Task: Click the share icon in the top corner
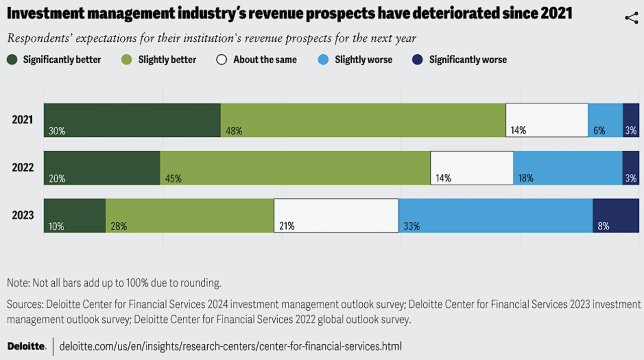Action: coord(631,19)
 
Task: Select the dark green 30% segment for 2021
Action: coord(132,120)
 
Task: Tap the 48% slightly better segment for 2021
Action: coord(363,120)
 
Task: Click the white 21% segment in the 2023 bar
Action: coord(336,216)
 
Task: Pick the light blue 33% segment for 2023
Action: coord(496,216)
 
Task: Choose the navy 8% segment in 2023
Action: coord(616,216)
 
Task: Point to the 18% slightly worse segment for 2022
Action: coord(568,168)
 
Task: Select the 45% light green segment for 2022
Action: coord(295,168)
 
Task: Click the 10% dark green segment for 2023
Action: coord(74,216)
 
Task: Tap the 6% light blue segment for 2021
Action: coord(605,120)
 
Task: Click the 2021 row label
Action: coord(23,120)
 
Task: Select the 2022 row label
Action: coord(23,167)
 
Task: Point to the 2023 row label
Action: coord(23,215)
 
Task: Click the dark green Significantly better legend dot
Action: coord(13,60)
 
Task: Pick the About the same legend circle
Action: coord(221,60)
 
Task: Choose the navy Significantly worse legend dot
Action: coord(417,60)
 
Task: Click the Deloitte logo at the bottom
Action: coord(27,346)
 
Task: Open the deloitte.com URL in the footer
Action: coord(230,346)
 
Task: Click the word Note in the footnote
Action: coord(18,283)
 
